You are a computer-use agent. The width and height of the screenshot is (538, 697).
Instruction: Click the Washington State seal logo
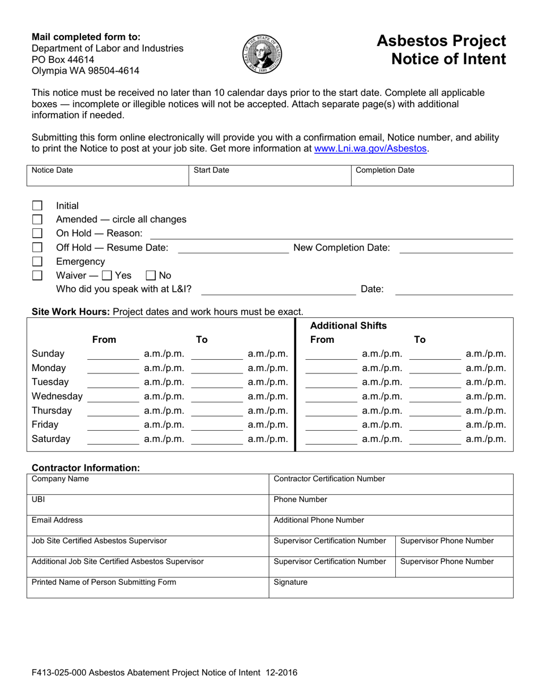pyautogui.click(x=262, y=54)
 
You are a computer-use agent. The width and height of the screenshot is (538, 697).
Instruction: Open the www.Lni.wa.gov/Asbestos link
pyautogui.click(x=371, y=149)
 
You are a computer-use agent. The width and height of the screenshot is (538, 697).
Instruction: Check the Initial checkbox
pyautogui.click(x=37, y=206)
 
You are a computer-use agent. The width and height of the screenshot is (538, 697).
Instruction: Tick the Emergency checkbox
pyautogui.click(x=37, y=262)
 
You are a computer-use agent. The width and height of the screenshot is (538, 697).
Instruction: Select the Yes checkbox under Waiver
pyautogui.click(x=106, y=276)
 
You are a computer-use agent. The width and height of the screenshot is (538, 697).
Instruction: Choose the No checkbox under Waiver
pyautogui.click(x=151, y=276)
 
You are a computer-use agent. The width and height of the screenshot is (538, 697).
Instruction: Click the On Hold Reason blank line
pyautogui.click(x=331, y=233)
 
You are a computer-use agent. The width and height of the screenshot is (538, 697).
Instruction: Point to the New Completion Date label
pyautogui.click(x=341, y=248)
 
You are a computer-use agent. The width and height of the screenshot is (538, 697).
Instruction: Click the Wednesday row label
pyautogui.click(x=57, y=396)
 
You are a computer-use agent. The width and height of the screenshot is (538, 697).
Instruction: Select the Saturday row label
pyautogui.click(x=51, y=439)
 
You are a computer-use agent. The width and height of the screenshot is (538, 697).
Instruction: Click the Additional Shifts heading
pyautogui.click(x=349, y=326)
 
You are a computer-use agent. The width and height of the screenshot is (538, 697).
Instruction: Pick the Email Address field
pyautogui.click(x=147, y=525)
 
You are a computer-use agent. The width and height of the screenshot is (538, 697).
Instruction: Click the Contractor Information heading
pyautogui.click(x=86, y=468)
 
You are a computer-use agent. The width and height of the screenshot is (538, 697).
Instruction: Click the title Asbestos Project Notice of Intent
pyautogui.click(x=441, y=50)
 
